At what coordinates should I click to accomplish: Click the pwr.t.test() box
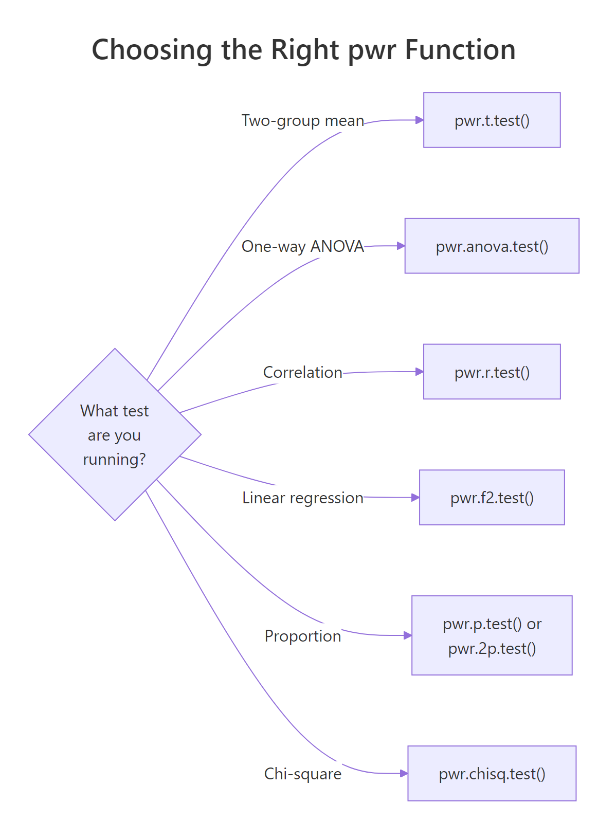coord(492,120)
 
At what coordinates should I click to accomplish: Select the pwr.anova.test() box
coord(492,246)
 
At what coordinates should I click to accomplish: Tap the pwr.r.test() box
coord(492,372)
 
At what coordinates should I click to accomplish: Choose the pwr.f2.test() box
coord(492,498)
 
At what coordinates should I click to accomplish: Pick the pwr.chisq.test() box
coord(492,774)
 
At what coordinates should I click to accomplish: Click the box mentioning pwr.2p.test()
coord(492,636)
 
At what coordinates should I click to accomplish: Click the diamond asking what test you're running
coord(115,435)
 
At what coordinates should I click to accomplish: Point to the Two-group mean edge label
coord(302,121)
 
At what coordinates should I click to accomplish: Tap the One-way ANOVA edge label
coord(302,247)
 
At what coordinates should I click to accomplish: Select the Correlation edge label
coord(302,372)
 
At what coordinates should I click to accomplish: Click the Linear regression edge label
coord(302,498)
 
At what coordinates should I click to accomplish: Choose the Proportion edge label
coord(302,636)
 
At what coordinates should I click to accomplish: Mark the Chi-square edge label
coord(302,774)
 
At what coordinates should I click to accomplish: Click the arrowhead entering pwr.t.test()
coord(420,120)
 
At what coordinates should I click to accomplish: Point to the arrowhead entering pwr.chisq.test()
coord(404,773)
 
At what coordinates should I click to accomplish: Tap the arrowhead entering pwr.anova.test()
coord(401,246)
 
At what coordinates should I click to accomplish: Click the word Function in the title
coord(460,50)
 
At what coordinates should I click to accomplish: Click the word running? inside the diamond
coord(115,459)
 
